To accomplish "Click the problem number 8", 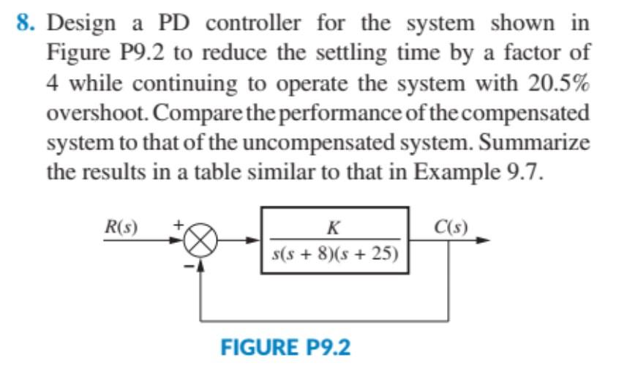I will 23,23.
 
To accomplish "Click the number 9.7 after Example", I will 524,173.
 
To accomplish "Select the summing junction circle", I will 204,239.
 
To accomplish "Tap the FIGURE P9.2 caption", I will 285,346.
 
